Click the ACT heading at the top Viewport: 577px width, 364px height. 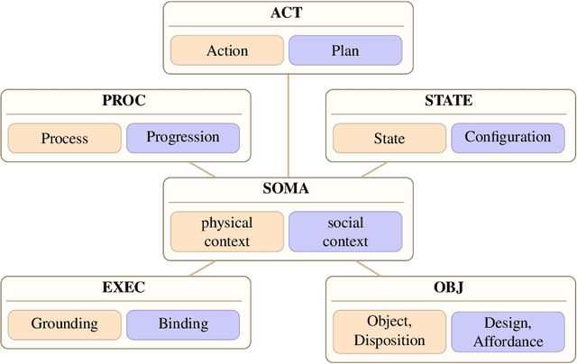(288, 14)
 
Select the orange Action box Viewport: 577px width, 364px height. (227, 50)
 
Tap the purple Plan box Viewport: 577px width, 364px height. (345, 50)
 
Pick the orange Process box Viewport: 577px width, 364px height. (65, 138)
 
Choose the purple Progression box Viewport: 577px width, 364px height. (183, 138)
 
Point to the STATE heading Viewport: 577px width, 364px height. (448, 101)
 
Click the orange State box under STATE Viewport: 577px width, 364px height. (389, 138)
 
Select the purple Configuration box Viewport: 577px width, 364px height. (508, 138)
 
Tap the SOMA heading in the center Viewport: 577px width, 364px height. (288, 190)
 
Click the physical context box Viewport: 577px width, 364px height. (227, 232)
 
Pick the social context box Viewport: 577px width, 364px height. (345, 232)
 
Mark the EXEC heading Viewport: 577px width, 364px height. (124, 288)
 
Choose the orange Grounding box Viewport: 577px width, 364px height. (65, 324)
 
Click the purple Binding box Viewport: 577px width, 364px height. (183, 324)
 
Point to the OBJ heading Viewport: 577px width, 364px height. (449, 288)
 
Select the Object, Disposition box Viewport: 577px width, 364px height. (389, 331)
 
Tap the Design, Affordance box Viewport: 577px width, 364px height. (508, 331)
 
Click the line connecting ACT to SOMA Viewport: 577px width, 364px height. (288, 126)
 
